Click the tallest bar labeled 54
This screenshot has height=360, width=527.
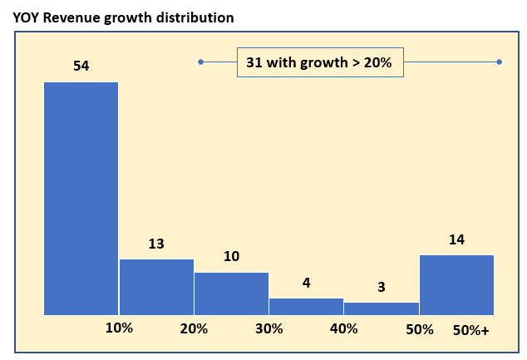81,199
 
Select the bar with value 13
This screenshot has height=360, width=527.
156,287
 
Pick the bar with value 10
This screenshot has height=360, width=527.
232,293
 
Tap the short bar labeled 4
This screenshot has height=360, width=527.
307,307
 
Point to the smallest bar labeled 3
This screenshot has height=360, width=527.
382,309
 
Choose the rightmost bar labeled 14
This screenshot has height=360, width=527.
456,285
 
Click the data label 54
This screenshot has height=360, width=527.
81,66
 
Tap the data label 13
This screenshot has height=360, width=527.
156,244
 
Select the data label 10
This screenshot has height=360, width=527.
232,256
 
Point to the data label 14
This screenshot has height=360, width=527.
457,239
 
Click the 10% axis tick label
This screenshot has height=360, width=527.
119,328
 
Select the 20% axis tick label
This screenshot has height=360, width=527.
194,328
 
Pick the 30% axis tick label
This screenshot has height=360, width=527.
268,328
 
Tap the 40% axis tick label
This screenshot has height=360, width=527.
343,328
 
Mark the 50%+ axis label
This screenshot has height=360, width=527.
470,330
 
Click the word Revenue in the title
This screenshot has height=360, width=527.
71,17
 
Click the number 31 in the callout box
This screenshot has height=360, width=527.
254,62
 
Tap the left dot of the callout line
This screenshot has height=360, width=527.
200,62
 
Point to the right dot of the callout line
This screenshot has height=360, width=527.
499,62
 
